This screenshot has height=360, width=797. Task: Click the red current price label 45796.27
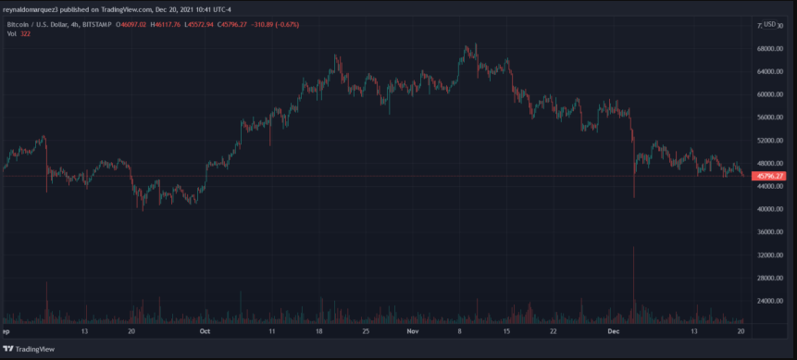coord(769,176)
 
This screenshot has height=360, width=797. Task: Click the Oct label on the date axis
coord(205,330)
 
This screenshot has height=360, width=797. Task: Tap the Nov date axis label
coord(413,330)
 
